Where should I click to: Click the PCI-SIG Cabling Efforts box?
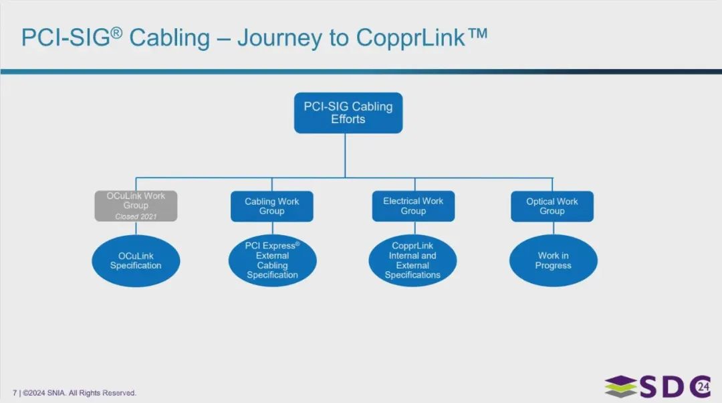348,113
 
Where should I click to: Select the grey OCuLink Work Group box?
136,206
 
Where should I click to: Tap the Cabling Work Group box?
272,206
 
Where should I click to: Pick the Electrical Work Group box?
413,206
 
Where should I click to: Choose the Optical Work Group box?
552,206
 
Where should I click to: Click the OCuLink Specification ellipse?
136,261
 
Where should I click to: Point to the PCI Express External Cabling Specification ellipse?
272,260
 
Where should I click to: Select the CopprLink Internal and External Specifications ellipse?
412,260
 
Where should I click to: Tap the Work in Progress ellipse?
553,260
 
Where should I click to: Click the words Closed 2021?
136,216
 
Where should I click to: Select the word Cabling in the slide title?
169,38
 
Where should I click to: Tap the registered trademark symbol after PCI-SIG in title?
116,31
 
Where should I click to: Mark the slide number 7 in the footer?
15,393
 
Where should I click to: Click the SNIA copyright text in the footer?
79,393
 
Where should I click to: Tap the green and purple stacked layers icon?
620,387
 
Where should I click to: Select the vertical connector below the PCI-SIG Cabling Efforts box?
346,155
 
